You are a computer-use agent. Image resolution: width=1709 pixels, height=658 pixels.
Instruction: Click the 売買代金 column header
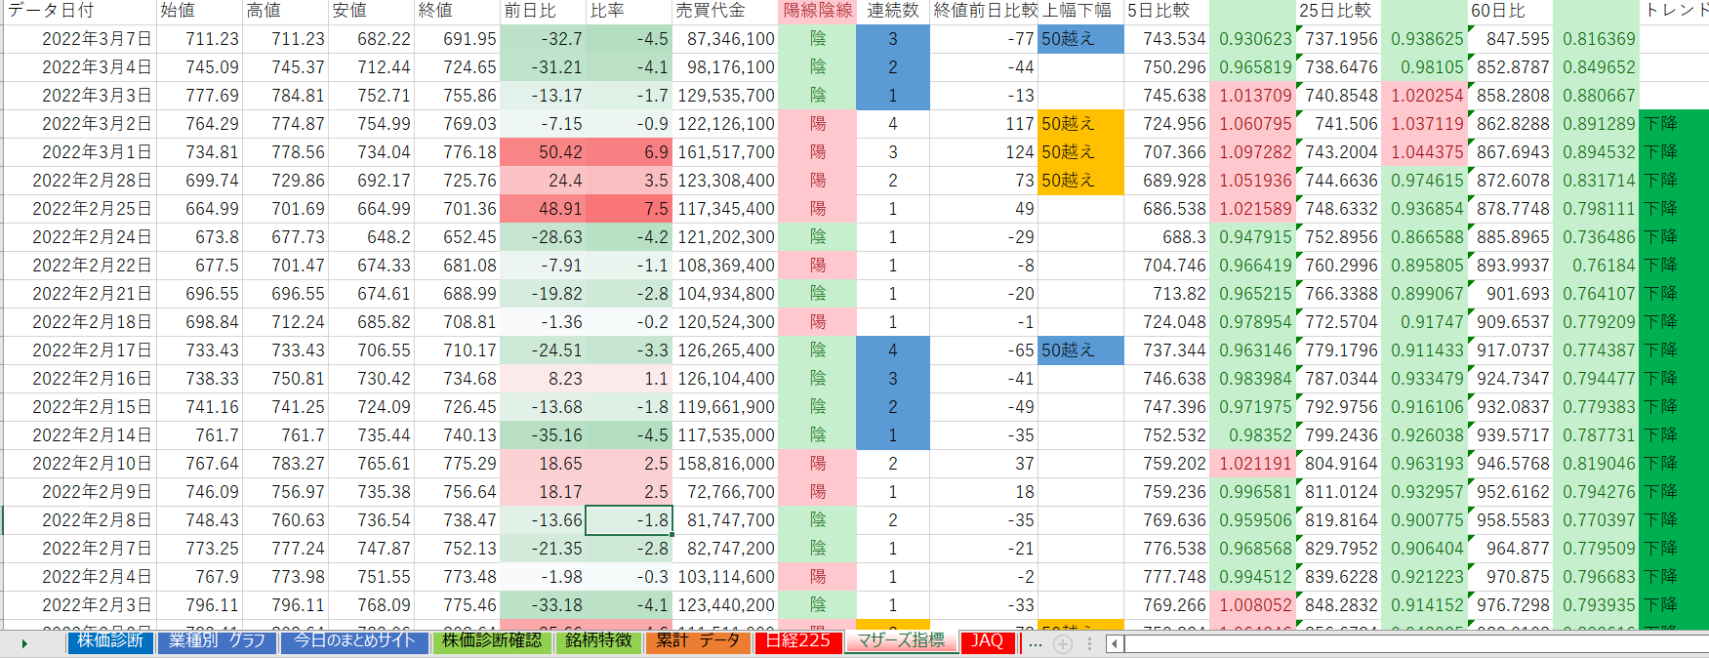[x=711, y=11]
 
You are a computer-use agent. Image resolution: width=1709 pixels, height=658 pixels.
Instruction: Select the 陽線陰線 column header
[x=818, y=11]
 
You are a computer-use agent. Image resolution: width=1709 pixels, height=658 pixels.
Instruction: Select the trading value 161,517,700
[x=726, y=152]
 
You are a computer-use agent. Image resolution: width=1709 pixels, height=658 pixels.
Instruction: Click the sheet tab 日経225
[x=797, y=641]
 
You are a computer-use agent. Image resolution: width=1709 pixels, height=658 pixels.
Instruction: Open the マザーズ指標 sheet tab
[x=901, y=641]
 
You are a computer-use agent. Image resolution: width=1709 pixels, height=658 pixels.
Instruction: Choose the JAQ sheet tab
[x=987, y=641]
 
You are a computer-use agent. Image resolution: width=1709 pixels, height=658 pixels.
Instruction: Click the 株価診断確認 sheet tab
[x=491, y=641]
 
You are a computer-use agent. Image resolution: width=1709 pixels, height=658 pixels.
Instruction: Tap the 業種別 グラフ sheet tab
[x=217, y=641]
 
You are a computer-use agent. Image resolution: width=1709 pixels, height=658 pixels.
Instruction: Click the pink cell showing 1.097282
[x=1255, y=152]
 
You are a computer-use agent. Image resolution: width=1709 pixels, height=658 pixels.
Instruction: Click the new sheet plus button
[x=1063, y=643]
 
